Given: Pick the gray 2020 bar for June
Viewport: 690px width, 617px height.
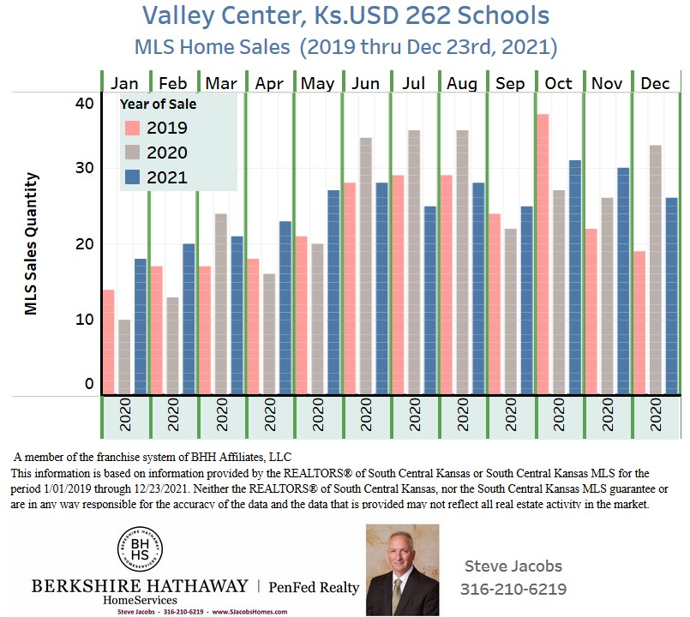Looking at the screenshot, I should (x=366, y=266).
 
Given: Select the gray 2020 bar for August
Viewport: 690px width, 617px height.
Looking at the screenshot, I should (x=462, y=262).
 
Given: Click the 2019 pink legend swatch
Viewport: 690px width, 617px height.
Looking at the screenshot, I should (x=132, y=129).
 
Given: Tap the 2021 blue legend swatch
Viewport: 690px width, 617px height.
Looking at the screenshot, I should (x=132, y=178).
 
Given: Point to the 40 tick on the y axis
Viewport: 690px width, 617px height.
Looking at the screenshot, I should (x=83, y=104).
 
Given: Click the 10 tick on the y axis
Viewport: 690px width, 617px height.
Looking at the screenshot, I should (x=83, y=319).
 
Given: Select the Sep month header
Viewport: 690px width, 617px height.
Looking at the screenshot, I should (x=511, y=83).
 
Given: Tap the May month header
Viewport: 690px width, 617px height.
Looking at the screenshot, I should (x=318, y=83).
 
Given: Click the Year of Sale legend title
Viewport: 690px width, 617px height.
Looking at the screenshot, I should (x=158, y=105).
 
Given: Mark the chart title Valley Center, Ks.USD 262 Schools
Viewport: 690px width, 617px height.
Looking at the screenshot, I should (x=345, y=15).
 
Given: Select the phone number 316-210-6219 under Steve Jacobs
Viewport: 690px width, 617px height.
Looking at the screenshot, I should (x=513, y=590).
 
